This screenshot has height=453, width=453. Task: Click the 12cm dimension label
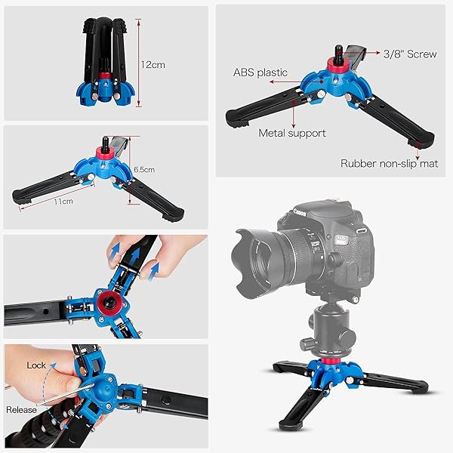tap(153, 65)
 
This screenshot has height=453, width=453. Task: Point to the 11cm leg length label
tap(63, 202)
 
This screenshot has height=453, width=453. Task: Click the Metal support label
tap(292, 133)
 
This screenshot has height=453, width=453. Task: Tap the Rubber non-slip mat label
tap(389, 163)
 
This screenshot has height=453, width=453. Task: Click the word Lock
tap(36, 365)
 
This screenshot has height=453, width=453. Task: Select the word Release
tap(22, 409)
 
